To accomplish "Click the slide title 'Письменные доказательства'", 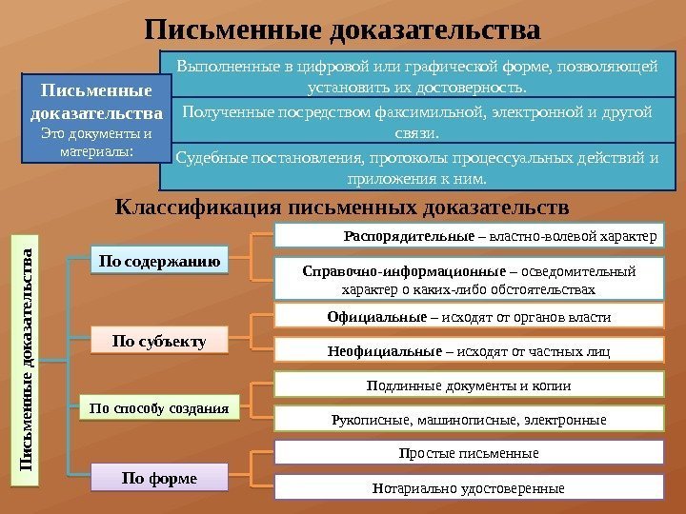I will coord(343,28).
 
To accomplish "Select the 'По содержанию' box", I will coord(160,260).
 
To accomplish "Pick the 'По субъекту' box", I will coord(160,340).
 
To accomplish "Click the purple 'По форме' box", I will coord(160,477).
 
